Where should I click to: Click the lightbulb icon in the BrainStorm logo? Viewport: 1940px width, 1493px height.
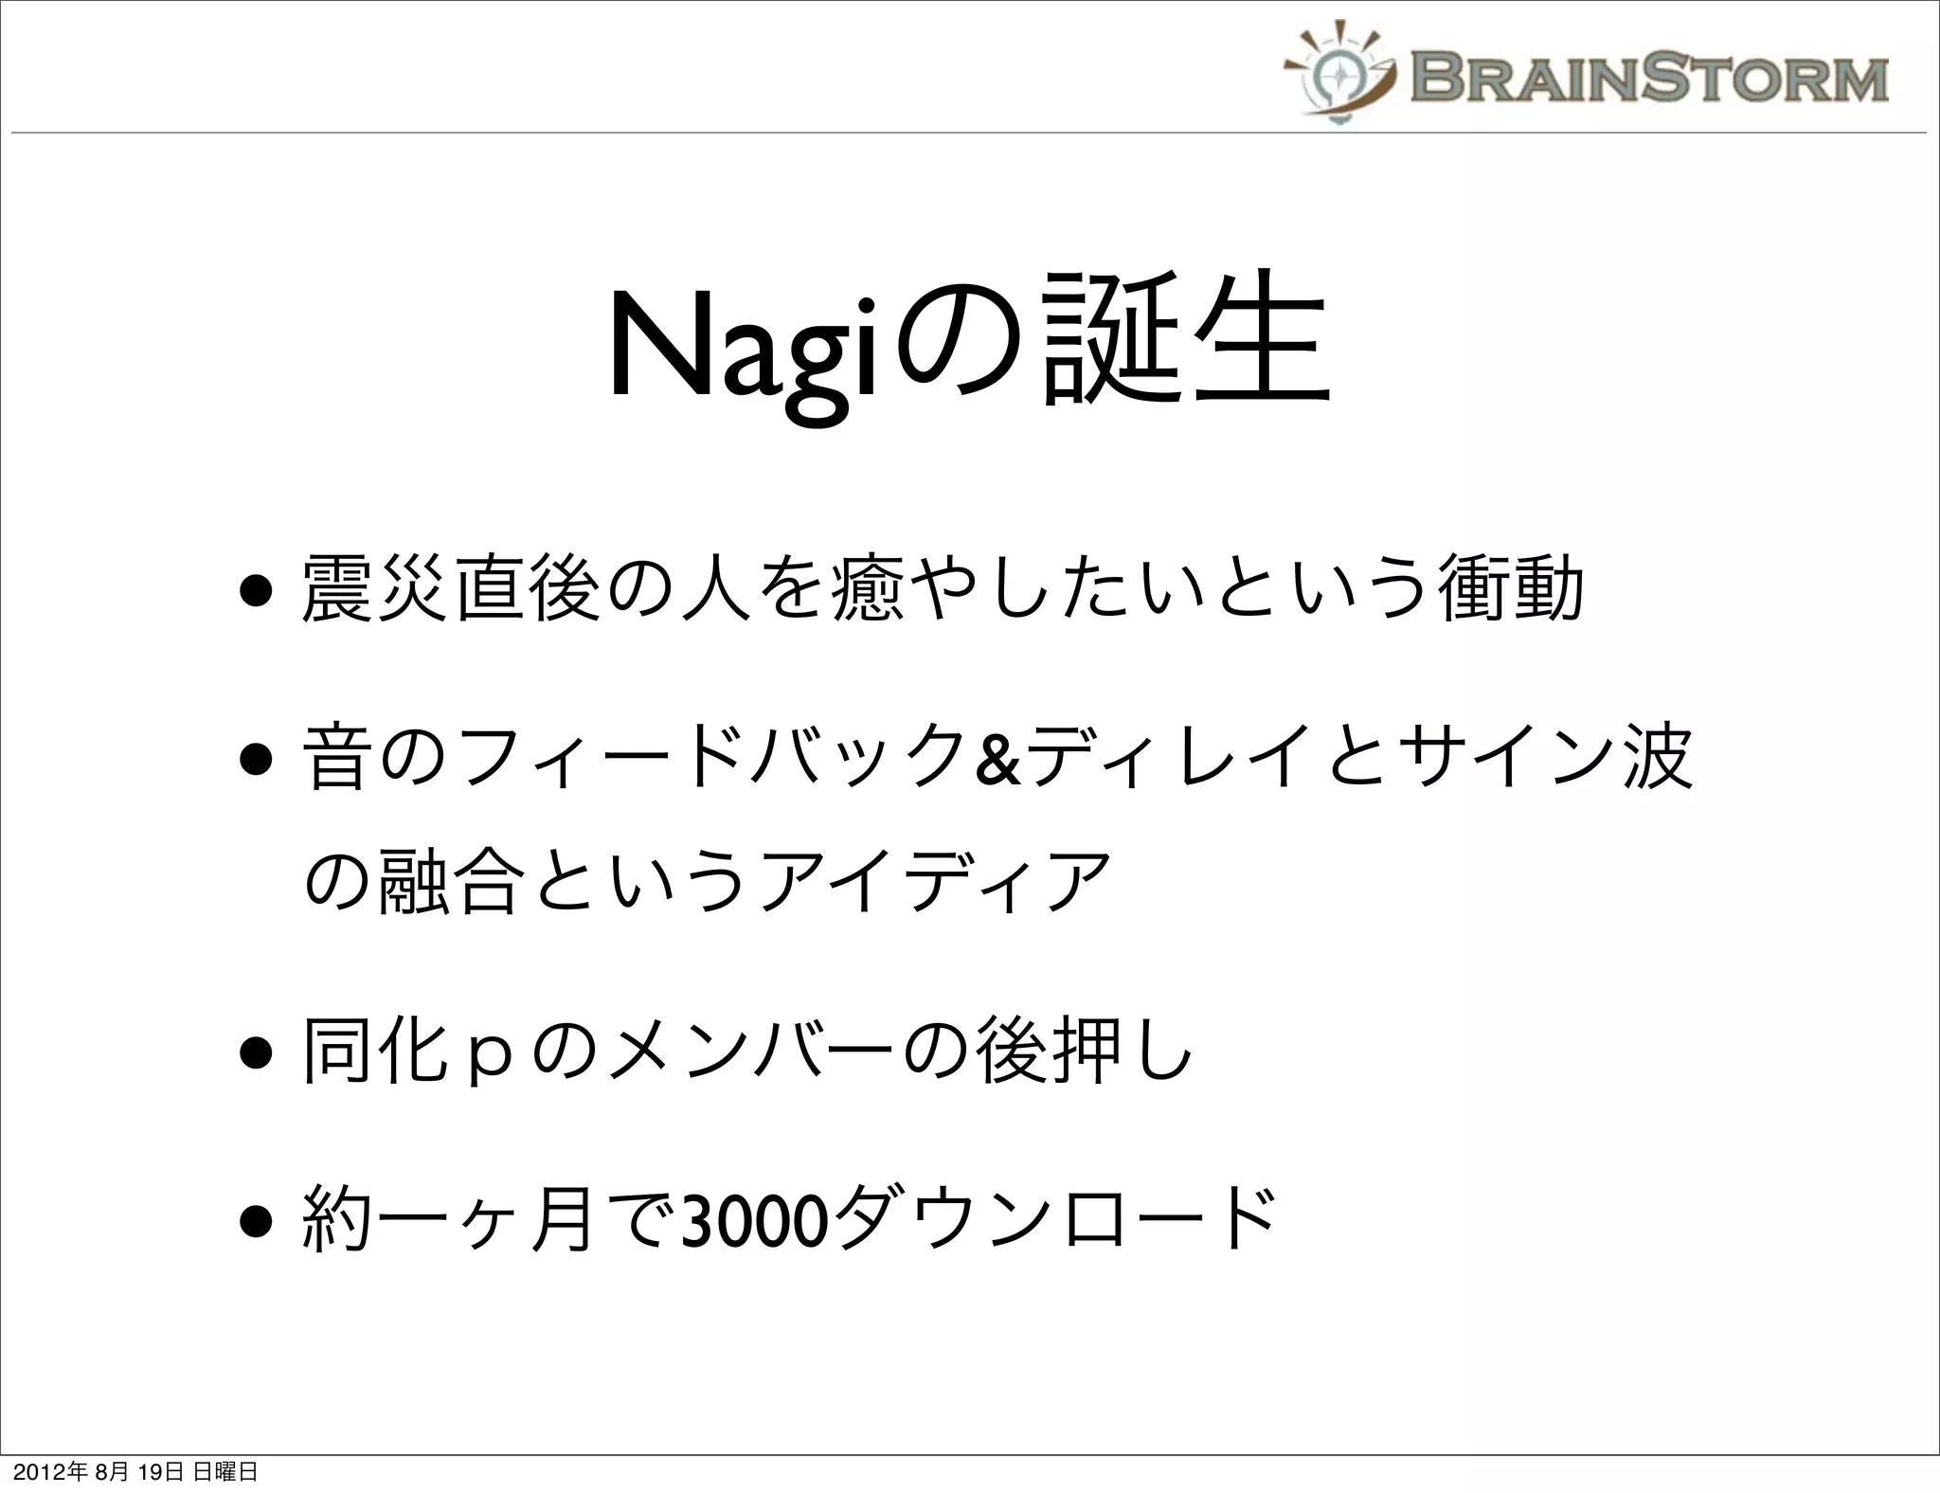pos(1338,76)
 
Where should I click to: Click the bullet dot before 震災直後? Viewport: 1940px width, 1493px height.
pos(257,595)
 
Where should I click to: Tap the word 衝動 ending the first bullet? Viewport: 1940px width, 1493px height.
pos(1510,589)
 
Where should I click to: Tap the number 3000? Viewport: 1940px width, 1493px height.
pos(752,1222)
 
